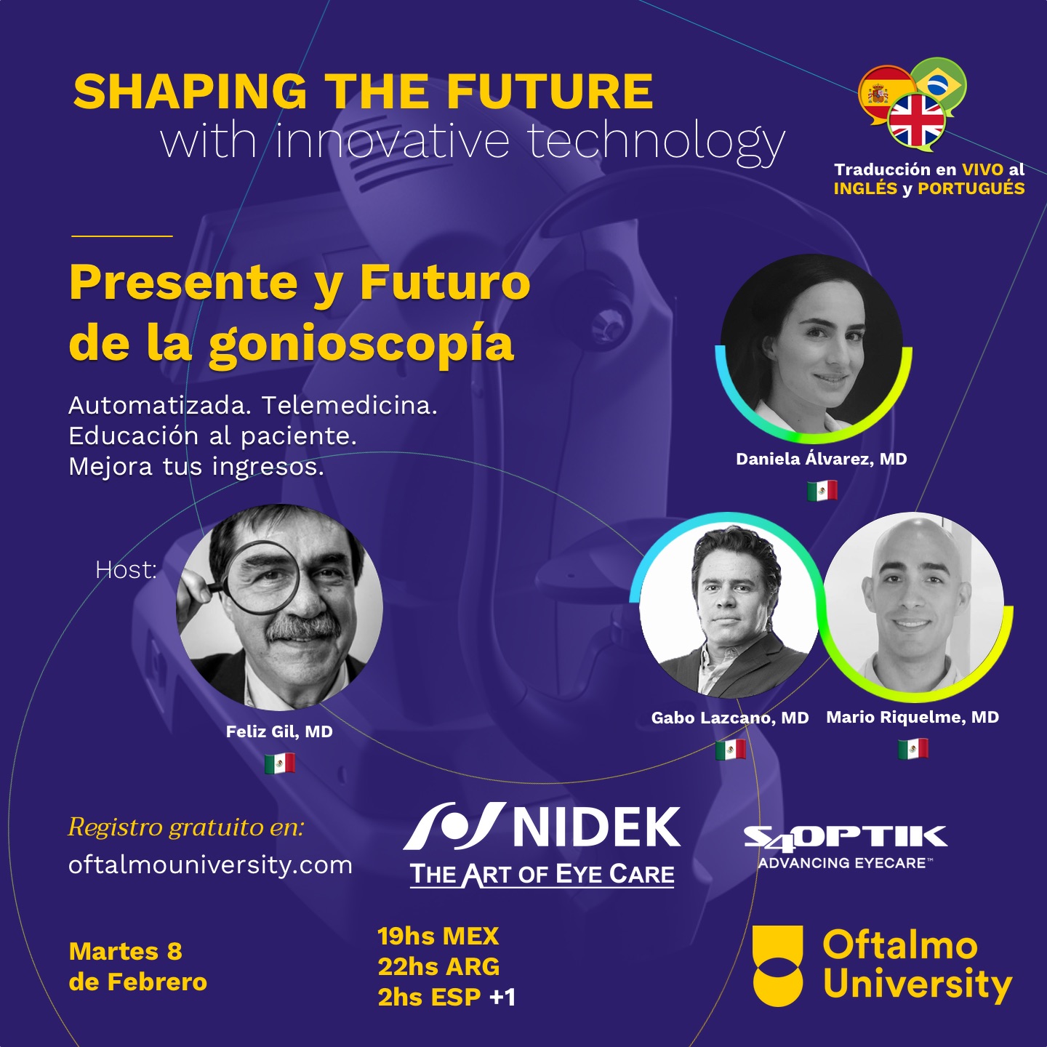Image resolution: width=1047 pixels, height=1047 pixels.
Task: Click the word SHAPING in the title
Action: click(x=190, y=92)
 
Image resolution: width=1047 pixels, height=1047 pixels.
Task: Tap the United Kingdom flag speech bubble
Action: click(x=916, y=121)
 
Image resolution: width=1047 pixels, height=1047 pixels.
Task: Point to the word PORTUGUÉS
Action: click(x=971, y=188)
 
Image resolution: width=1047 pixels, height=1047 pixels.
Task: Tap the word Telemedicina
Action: click(x=349, y=406)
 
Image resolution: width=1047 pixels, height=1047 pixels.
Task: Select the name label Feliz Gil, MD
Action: click(x=279, y=731)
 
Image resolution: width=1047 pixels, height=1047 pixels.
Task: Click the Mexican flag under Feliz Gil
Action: click(x=280, y=763)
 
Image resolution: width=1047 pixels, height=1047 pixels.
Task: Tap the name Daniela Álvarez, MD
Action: click(x=822, y=459)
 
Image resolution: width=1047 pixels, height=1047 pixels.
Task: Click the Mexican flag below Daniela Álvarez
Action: click(x=822, y=491)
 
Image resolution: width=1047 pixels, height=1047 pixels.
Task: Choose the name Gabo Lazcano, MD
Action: click(x=730, y=718)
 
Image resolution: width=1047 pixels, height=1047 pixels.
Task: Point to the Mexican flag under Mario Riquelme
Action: click(x=913, y=749)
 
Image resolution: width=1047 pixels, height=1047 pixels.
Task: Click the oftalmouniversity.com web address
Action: click(x=210, y=865)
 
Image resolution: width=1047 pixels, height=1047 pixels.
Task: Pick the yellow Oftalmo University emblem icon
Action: click(x=777, y=966)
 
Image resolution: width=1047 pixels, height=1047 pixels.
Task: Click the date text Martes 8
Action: click(x=126, y=951)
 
